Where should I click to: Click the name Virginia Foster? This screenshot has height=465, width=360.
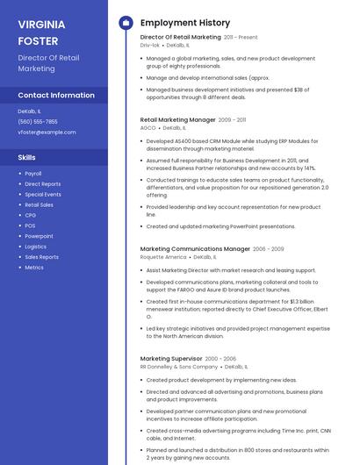pos(40,32)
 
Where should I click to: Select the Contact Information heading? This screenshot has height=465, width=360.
pos(56,95)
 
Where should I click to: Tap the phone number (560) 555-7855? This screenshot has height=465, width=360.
pos(38,122)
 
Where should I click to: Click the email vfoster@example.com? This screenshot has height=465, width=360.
pos(47,132)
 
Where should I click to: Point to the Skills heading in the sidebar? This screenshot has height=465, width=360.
pos(27,157)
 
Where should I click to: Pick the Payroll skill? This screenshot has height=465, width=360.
pos(33,174)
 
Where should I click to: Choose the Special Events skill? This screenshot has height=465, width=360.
pos(43,194)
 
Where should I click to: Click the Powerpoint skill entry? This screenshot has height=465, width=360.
pos(39,236)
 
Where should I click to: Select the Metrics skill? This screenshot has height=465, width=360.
pos(34,268)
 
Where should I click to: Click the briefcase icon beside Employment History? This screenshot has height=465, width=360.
pos(126,23)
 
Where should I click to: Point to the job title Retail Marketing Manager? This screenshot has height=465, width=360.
pos(177,119)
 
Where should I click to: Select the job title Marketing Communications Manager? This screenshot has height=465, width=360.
pos(195,249)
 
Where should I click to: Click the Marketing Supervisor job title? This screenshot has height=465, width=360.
pos(170,359)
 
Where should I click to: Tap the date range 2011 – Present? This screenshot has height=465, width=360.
pos(241,38)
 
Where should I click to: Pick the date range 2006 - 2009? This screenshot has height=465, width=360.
pos(269,249)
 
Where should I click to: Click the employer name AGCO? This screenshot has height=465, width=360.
pos(148,128)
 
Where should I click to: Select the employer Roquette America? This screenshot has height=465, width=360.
pos(163,258)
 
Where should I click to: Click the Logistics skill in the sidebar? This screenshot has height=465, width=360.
pos(35,247)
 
